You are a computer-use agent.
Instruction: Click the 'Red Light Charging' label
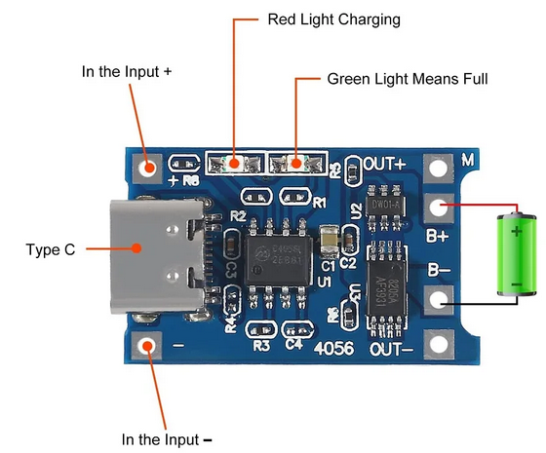coord(332,19)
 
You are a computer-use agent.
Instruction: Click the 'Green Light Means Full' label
coord(407,78)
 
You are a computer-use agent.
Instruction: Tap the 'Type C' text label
coord(50,249)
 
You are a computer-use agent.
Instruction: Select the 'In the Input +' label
coord(127,72)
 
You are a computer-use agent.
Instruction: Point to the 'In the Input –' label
coord(166,439)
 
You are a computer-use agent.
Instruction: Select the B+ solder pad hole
coord(440,208)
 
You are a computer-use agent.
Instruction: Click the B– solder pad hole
coord(440,301)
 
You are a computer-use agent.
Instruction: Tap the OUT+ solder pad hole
coord(440,169)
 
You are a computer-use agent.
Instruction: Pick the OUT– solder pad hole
coord(440,344)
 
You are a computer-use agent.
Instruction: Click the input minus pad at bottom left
coord(149,345)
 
